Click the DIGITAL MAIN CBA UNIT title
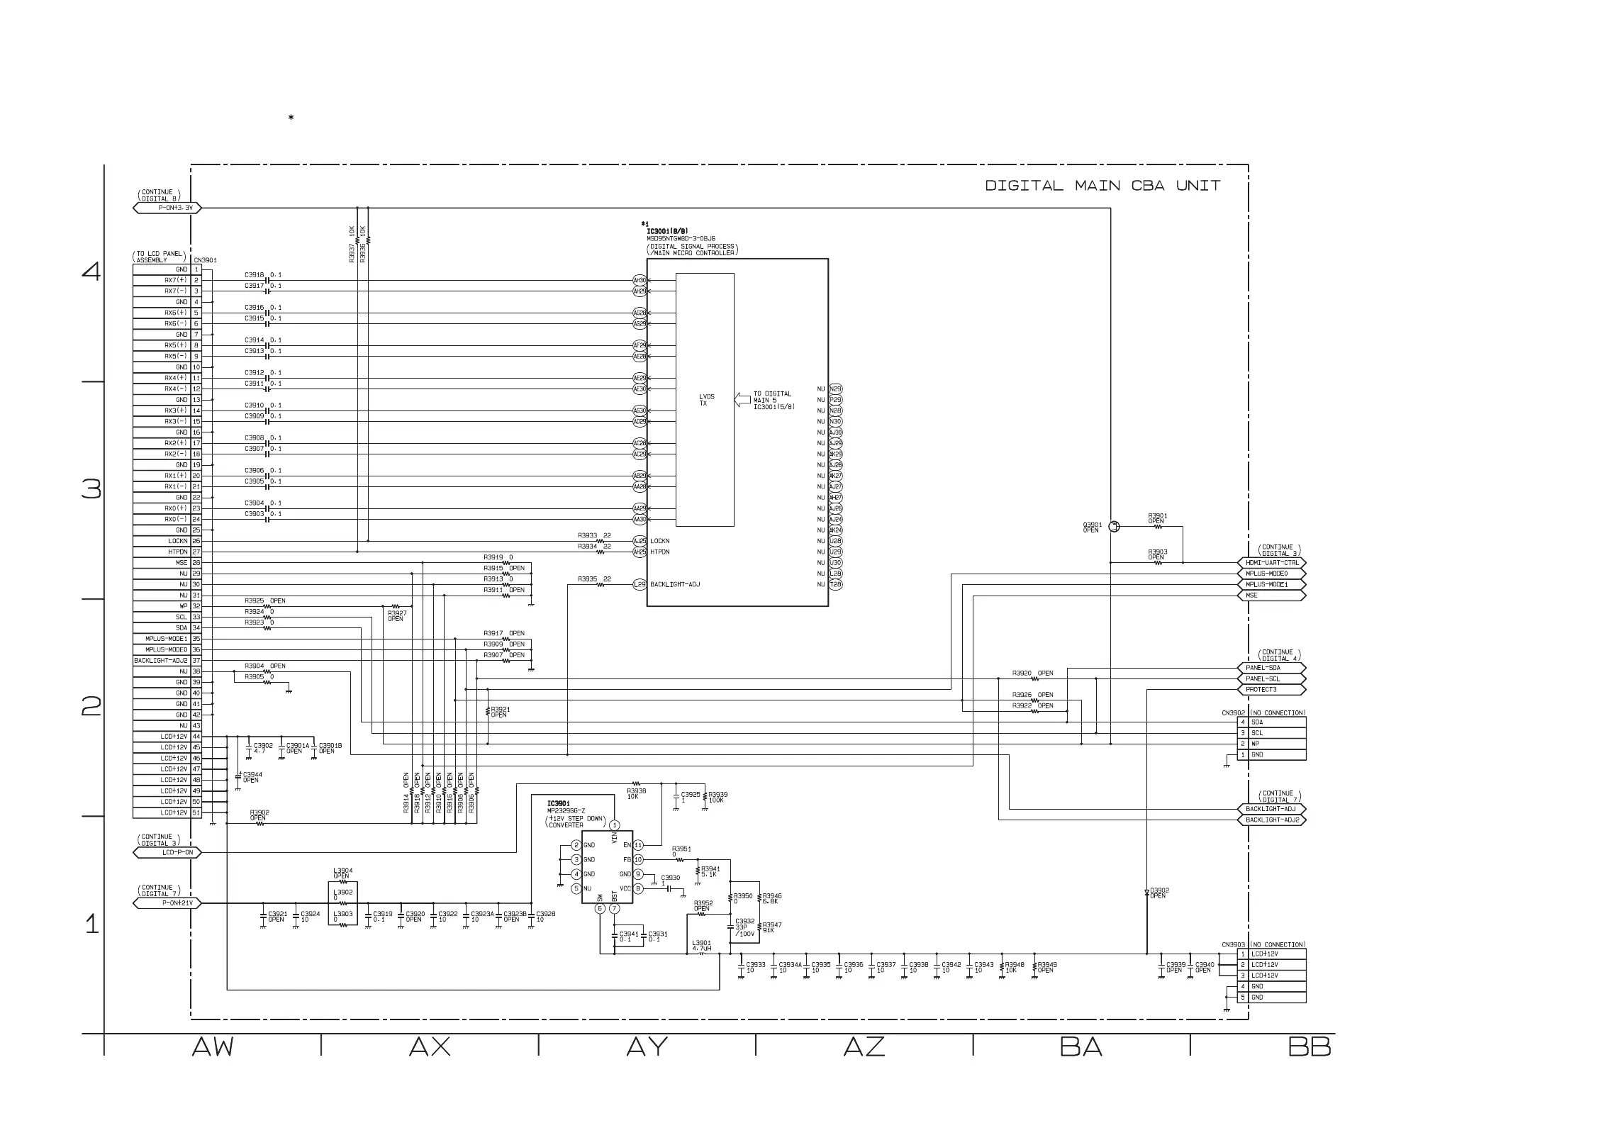click(x=1102, y=186)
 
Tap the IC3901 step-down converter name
click(x=559, y=803)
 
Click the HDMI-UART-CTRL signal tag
click(x=1274, y=563)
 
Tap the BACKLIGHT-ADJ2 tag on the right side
click(x=1274, y=820)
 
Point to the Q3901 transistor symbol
click(x=1114, y=527)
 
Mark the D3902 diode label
click(x=1159, y=893)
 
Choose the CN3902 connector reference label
click(x=1233, y=713)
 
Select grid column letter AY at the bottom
click(x=647, y=1046)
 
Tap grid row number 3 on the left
click(x=91, y=489)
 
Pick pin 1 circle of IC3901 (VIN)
click(x=615, y=825)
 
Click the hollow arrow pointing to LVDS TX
click(x=742, y=400)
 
